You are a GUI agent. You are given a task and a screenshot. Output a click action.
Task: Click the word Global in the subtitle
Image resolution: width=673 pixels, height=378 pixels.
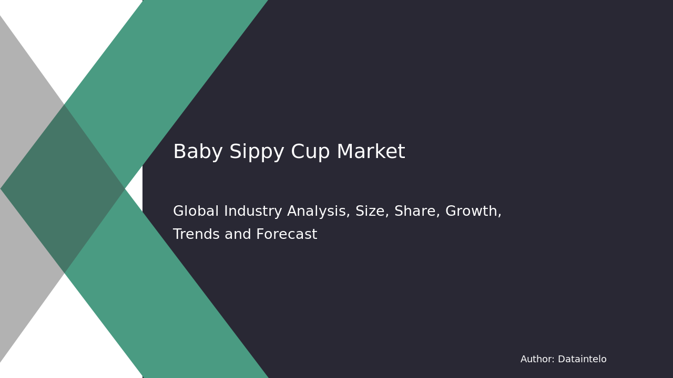(196, 212)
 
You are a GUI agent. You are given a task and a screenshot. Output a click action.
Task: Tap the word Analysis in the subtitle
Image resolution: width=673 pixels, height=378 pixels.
(321, 212)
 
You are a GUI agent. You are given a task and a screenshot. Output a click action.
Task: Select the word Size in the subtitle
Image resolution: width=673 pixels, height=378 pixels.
(369, 212)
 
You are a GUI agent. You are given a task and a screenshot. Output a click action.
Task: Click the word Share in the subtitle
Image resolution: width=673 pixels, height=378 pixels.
(415, 212)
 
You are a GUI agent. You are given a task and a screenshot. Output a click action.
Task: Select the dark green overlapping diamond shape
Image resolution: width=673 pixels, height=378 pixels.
(63, 188)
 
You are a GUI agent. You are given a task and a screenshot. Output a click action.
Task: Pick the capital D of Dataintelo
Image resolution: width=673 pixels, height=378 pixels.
(561, 360)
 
